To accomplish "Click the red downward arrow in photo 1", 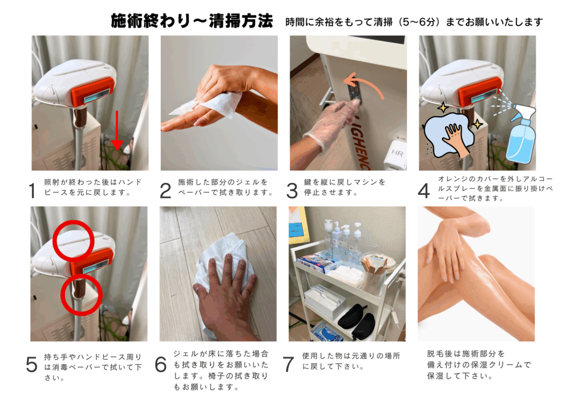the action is coord(116,130).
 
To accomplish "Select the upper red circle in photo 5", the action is coord(74,240).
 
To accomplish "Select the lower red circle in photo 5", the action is coord(81,294).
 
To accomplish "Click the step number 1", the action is coord(32,190).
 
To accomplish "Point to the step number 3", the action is coord(292,190).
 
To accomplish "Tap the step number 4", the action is coord(424,190).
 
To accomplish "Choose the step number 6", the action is coord(161,364).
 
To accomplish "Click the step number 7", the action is coord(288,364).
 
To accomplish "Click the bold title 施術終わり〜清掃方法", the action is coord(191,21).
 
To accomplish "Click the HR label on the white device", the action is coord(397,153).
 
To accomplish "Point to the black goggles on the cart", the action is coord(357,320).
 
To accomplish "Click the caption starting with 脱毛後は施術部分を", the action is coord(479,364).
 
